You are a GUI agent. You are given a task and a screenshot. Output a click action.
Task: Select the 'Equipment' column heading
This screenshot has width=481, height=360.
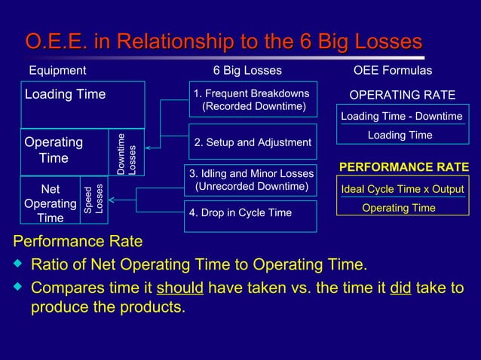pos(57,71)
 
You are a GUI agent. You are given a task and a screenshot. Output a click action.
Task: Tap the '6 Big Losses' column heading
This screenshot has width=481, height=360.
pos(247,71)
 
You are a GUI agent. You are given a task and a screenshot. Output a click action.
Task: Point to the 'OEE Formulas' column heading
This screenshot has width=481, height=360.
pos(392,71)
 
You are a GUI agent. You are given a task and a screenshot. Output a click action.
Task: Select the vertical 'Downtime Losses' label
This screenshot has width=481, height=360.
pos(127,154)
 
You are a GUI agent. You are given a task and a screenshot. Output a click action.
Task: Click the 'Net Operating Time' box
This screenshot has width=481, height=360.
pos(51,200)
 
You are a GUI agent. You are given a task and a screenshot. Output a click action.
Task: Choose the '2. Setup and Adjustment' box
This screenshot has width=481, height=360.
pos(253,142)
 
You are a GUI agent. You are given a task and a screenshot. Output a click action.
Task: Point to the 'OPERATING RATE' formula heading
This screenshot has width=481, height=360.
pos(402,95)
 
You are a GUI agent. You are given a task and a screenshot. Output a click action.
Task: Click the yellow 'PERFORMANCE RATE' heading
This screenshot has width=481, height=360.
pos(404,166)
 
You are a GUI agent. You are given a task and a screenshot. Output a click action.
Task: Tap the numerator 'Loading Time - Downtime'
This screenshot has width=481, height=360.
pos(401,117)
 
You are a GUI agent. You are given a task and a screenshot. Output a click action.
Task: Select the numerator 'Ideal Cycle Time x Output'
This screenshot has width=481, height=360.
pos(403,189)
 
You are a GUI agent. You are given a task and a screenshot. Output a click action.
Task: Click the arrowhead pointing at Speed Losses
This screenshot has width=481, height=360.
pos(112,200)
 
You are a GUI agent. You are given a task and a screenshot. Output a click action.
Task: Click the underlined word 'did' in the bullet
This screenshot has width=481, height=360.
pos(400,288)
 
